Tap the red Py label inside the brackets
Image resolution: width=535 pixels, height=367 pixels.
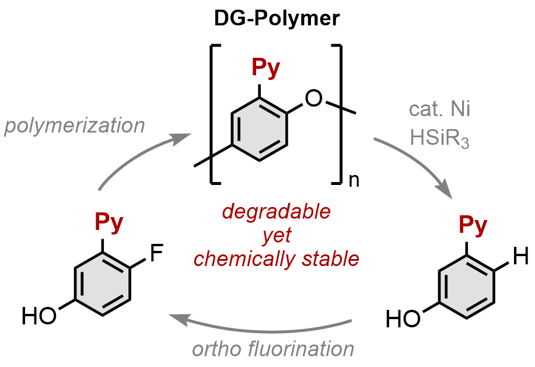point(265,69)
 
